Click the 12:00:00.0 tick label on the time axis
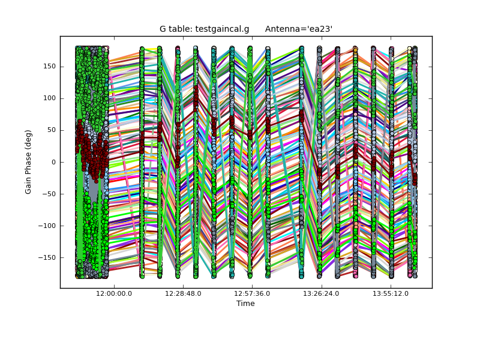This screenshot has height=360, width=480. click(x=114, y=293)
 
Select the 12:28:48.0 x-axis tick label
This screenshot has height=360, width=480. click(x=183, y=293)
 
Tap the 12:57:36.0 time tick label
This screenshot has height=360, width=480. click(x=252, y=293)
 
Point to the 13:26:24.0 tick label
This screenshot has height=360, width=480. click(x=321, y=293)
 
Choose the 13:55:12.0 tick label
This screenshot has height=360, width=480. click(x=390, y=293)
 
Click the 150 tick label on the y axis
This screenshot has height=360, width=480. click(x=49, y=67)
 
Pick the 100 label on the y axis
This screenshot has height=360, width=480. click(x=49, y=98)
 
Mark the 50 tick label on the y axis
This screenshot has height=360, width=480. click(x=50, y=130)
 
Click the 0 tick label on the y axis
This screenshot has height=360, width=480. click(x=53, y=162)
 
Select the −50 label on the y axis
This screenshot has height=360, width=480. click(x=49, y=194)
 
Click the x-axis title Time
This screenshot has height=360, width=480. click(x=245, y=304)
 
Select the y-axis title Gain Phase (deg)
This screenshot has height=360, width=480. click(x=28, y=162)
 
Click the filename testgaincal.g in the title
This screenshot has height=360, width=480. click(x=222, y=29)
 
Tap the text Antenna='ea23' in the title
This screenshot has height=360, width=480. click(x=299, y=29)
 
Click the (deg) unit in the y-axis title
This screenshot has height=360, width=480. click(x=28, y=140)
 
